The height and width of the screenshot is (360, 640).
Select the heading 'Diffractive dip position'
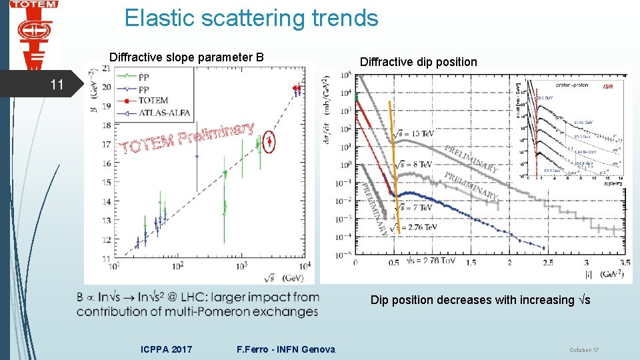(418, 62)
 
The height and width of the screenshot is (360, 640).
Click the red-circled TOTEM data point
(269, 141)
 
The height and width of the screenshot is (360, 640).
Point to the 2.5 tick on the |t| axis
(549, 263)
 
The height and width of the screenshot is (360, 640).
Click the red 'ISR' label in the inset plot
(607, 87)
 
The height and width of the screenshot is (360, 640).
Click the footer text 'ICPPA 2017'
(167, 349)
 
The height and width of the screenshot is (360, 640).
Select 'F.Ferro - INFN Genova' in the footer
(286, 349)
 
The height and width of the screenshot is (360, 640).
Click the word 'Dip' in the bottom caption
(379, 300)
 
